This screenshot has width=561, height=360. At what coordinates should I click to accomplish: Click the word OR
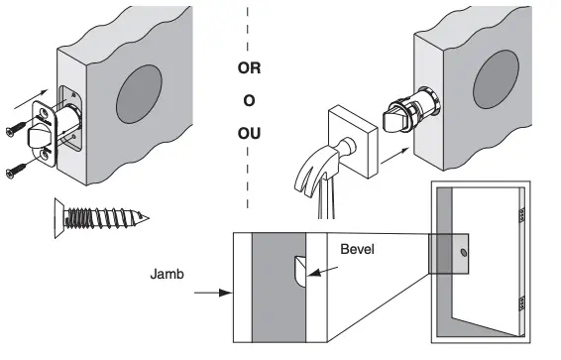(x=250, y=70)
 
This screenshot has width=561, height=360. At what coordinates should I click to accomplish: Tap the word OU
(x=250, y=132)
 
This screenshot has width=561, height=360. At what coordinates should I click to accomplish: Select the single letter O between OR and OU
(x=250, y=101)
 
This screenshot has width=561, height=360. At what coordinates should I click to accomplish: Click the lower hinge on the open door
(x=518, y=302)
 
